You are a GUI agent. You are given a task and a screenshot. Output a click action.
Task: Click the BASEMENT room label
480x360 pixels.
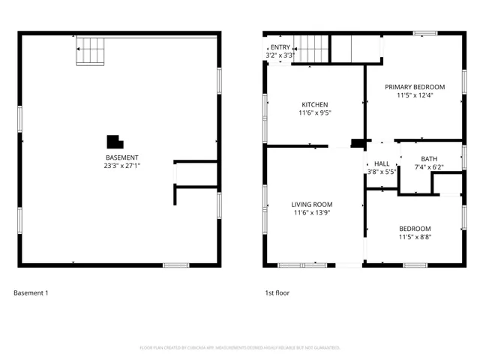[x=121, y=157]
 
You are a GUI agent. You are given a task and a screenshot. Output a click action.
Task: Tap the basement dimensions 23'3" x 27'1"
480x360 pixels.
[x=121, y=166]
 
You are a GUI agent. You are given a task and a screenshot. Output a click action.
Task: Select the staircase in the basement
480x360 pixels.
[x=91, y=51]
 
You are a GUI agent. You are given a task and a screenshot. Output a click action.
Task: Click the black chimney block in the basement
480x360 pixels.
[x=114, y=142]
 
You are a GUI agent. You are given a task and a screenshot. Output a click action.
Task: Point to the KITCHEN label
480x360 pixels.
[x=314, y=105]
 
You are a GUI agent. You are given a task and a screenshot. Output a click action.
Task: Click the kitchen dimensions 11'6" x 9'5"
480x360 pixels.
[x=314, y=113]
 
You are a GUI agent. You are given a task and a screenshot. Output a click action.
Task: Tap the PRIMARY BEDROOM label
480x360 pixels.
[x=415, y=87]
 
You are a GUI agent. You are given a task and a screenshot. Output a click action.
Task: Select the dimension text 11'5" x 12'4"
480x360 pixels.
[x=415, y=95]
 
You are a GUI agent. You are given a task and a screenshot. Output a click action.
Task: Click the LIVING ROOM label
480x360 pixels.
[x=312, y=204]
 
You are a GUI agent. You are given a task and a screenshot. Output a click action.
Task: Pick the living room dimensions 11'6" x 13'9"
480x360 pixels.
[x=312, y=213]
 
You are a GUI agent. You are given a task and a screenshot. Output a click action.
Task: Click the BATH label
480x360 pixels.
[x=429, y=158]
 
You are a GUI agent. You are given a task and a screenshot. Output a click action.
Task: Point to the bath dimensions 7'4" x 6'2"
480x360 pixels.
[x=429, y=166]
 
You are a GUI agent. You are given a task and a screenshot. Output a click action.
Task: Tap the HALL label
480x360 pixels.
[x=382, y=163]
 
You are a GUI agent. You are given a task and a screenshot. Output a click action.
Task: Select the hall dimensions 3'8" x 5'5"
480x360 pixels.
[x=382, y=172]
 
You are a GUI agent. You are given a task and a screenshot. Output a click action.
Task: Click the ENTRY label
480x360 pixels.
[x=280, y=47]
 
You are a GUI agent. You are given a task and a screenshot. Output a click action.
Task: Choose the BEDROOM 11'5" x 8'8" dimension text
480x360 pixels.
[x=415, y=237]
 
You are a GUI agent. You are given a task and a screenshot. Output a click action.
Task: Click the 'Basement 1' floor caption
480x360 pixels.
[x=31, y=293]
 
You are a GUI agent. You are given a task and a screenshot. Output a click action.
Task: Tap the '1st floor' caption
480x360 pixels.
[x=277, y=293]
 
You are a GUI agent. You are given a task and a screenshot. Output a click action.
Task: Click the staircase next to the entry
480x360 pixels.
[x=310, y=49]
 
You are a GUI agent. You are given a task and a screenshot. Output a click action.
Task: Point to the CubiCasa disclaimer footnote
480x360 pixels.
[x=240, y=348]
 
